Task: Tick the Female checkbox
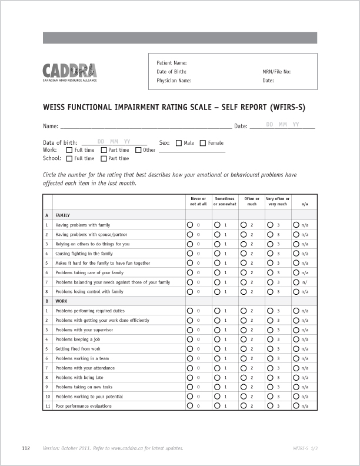203,143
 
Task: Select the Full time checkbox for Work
69,150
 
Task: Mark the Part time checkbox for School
104,158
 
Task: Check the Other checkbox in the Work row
138,150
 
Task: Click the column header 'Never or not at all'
198,201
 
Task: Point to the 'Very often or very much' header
278,201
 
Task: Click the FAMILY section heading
62,215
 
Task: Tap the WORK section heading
61,301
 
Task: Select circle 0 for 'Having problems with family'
190,225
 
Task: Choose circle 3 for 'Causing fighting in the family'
270,254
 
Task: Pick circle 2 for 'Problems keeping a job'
244,339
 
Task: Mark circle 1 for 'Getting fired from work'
217,349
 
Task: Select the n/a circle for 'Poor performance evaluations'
296,406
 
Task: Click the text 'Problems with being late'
79,378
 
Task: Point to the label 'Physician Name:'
174,81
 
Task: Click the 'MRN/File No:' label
276,72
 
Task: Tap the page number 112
26,448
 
